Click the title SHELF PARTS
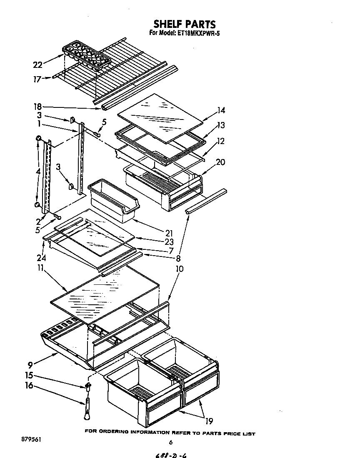coord(184,24)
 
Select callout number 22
coord(37,65)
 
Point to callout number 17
coord(37,78)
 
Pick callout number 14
coord(221,110)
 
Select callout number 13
coord(221,125)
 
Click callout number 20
coord(220,162)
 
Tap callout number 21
coord(169,234)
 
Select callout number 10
coord(179,269)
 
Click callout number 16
coord(29,386)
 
